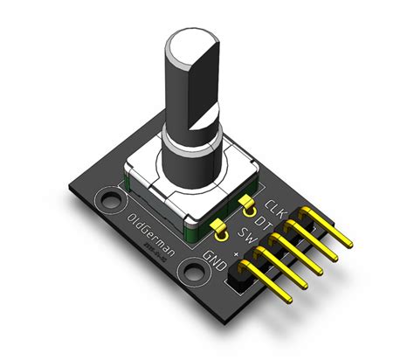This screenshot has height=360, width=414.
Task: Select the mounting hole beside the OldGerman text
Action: click(x=111, y=203)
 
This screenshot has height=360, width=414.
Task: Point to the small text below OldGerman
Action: click(x=161, y=254)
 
